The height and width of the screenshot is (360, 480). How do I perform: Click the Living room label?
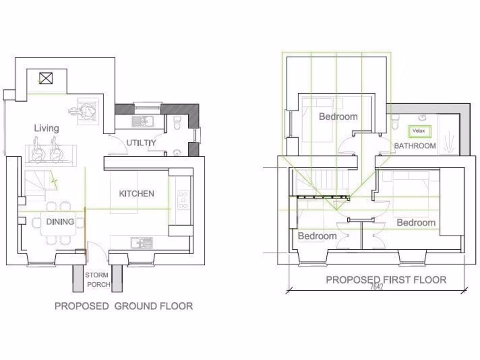(46, 128)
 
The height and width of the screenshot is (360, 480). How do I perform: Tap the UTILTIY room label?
(141, 142)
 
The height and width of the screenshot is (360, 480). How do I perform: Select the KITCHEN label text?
(136, 193)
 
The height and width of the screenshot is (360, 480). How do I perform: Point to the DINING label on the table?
(60, 221)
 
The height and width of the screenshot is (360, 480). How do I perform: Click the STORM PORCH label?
(97, 280)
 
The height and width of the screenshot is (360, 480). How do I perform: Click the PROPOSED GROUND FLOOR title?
(124, 306)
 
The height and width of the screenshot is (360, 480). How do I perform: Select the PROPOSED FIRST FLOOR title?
(386, 280)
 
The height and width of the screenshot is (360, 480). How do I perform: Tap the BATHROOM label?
(415, 146)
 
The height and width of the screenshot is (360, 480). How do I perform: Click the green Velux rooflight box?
(419, 131)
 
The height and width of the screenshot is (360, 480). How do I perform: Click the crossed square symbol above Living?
(45, 78)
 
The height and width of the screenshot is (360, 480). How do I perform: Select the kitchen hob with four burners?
(183, 199)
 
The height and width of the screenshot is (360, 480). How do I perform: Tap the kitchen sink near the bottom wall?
(142, 242)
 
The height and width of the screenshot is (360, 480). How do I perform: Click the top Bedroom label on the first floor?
(338, 116)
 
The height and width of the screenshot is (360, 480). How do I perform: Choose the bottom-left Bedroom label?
(317, 236)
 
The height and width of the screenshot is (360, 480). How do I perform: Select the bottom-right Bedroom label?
(416, 222)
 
